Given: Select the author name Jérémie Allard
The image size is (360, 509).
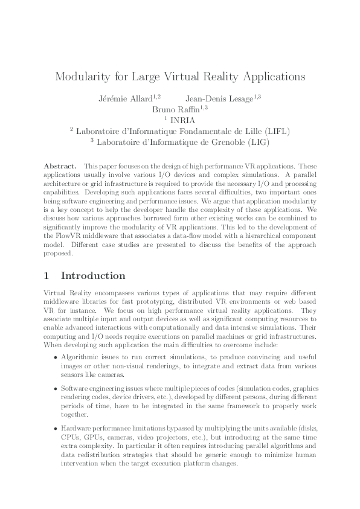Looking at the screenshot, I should coord(124,98).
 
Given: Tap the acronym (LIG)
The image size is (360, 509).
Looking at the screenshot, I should coord(255,142).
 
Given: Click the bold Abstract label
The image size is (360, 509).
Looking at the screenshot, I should coord(60,165).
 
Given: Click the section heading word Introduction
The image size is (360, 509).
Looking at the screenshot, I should coord(93,276).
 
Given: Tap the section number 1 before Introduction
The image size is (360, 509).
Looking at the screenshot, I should coord(47,276).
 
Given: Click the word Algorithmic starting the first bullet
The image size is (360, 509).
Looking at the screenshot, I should coord(80,357).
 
